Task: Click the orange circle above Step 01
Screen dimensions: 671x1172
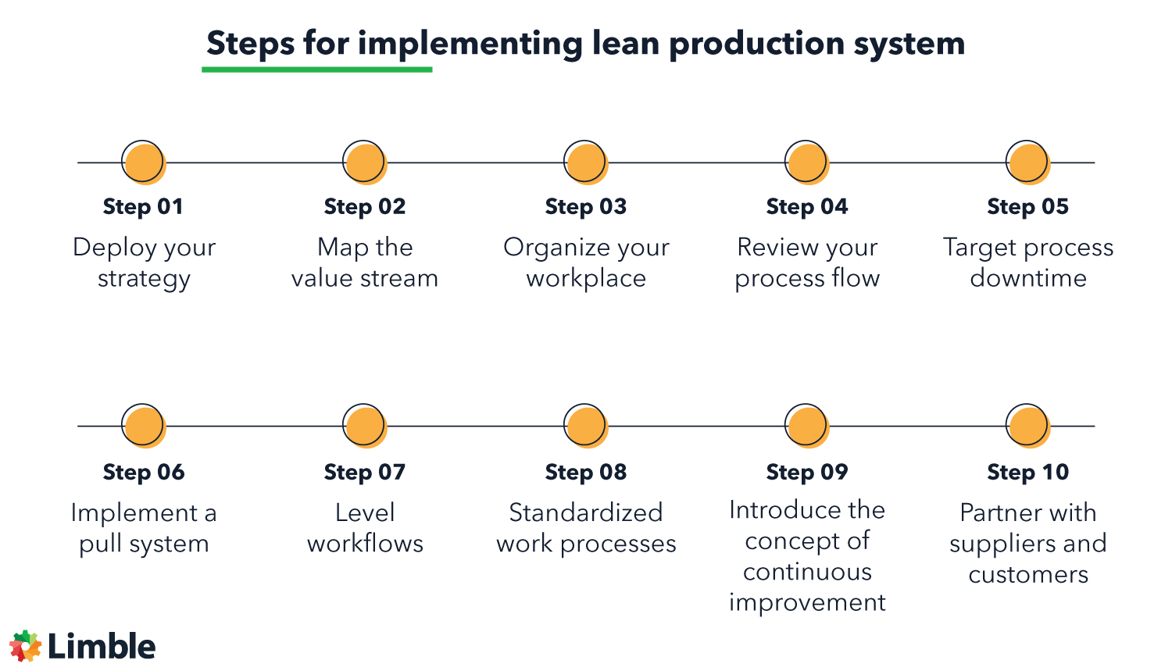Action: pyautogui.click(x=144, y=162)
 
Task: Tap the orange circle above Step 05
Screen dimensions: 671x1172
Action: pyautogui.click(x=1027, y=162)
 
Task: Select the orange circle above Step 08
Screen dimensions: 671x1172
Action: pyautogui.click(x=586, y=426)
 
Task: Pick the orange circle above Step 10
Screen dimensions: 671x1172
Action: pyautogui.click(x=1027, y=426)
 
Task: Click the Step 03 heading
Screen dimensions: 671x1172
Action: pyautogui.click(x=585, y=207)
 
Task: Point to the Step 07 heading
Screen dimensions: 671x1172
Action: pyautogui.click(x=365, y=472)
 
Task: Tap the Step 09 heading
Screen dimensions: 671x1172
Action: pyautogui.click(x=807, y=472)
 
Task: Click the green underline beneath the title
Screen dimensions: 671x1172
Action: pyautogui.click(x=316, y=70)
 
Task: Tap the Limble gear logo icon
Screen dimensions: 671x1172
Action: pyautogui.click(x=25, y=646)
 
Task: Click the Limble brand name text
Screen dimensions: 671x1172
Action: pyautogui.click(x=102, y=647)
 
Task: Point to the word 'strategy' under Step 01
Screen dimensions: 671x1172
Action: pyautogui.click(x=144, y=279)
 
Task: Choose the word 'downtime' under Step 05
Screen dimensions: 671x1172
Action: pyautogui.click(x=1028, y=278)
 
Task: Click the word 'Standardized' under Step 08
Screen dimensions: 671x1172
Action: pyautogui.click(x=586, y=512)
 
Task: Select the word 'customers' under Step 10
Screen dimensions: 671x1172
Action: pyautogui.click(x=1028, y=575)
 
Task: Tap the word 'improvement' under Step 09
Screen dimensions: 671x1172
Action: pyautogui.click(x=807, y=603)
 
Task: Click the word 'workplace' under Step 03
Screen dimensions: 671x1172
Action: pyautogui.click(x=586, y=278)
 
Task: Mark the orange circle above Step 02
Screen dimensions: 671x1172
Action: pyautogui.click(x=365, y=162)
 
